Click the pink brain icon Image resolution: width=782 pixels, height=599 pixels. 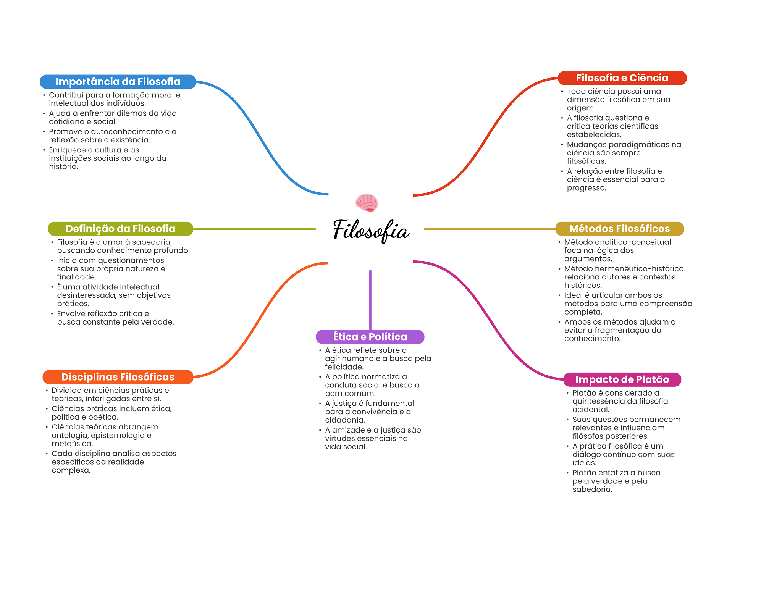367,202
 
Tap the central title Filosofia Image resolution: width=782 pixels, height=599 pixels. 371,231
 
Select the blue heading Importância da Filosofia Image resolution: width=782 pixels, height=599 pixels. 118,82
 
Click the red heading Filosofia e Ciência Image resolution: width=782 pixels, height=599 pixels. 622,78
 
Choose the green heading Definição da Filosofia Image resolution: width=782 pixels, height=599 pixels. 120,229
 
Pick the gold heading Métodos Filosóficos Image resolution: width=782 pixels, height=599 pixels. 619,229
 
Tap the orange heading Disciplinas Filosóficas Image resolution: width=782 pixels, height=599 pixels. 118,377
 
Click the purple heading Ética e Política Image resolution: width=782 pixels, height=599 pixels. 370,337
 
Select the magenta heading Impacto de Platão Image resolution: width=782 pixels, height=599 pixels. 622,379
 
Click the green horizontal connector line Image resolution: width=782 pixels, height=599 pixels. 254,229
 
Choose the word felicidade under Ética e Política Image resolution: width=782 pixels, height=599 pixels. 344,367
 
